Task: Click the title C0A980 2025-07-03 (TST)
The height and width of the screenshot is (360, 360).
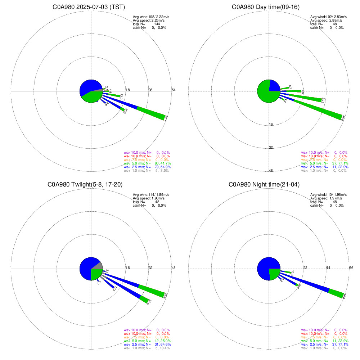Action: point(91,7)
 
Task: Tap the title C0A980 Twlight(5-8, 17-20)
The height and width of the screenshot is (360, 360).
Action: point(85,185)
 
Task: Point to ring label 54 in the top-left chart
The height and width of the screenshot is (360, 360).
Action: point(173,90)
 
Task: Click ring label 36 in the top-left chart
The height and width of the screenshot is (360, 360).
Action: point(150,90)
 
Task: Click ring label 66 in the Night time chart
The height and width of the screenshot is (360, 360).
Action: point(351,268)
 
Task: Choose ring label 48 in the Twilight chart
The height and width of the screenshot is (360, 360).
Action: point(173,268)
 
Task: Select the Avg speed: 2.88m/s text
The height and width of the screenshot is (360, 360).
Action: point(326,21)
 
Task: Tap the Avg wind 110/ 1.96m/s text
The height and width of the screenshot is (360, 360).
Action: point(326,195)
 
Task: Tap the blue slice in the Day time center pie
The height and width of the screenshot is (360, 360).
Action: point(274,86)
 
